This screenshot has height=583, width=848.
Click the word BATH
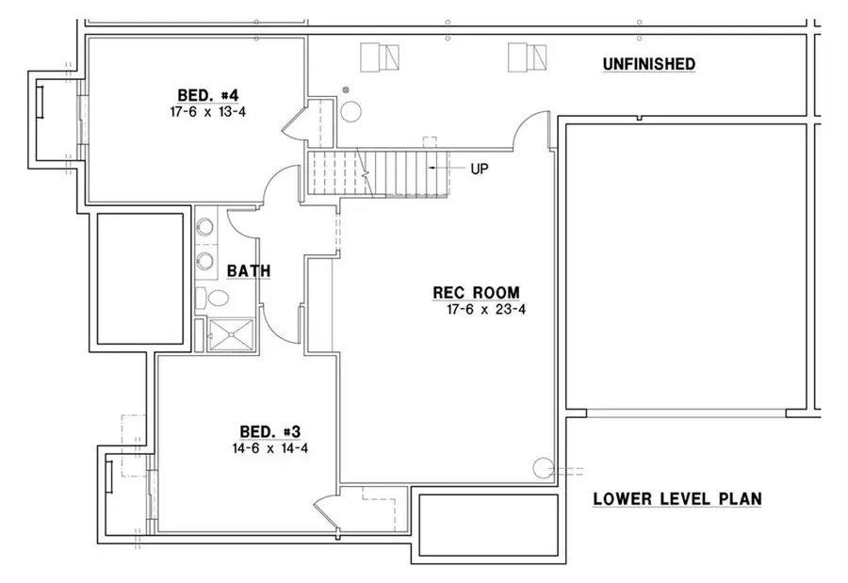coord(249,271)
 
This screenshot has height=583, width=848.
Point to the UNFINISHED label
coord(649,64)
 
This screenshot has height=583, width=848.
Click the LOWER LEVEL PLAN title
coord(677,499)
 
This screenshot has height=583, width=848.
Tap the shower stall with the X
coord(230,333)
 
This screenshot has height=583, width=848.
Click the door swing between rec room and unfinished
coord(530,130)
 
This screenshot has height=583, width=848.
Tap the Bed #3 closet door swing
coord(327,514)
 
